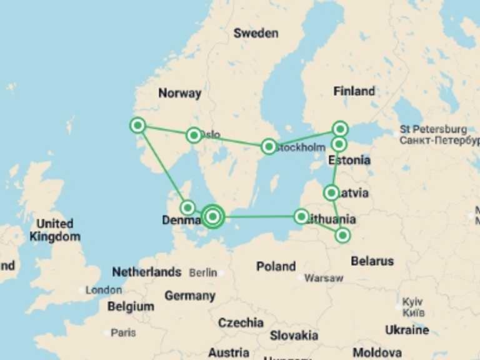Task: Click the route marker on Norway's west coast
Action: pos(137,126)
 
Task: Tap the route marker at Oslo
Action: pos(194,135)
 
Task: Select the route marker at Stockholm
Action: pos(269,146)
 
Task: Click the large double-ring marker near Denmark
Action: pos(213,216)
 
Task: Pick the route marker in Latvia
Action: pos(332,192)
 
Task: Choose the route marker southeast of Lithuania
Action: pos(343,235)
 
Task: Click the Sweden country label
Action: pos(256,33)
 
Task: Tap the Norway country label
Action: pos(179,93)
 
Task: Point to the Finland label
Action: pos(354,91)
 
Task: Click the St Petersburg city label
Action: pos(433,129)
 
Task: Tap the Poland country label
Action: pos(276,266)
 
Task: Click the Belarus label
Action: pos(372,261)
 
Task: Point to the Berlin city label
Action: pos(203,272)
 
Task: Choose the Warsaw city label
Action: pos(324,278)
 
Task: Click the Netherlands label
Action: pos(146,272)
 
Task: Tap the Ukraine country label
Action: pos(407,329)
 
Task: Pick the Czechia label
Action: pos(241,322)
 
